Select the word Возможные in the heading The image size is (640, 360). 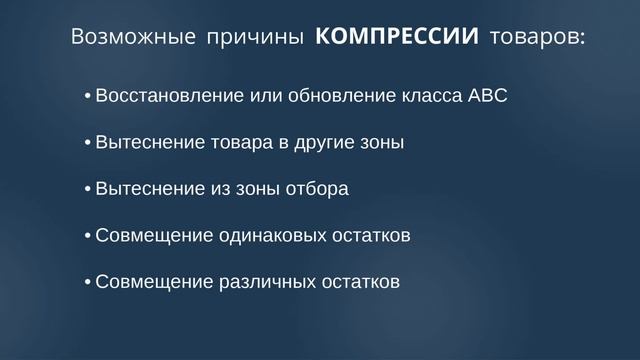[x=133, y=39]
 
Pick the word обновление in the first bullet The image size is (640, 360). [x=341, y=97]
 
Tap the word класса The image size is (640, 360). [x=427, y=97]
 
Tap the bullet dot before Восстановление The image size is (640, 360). [x=87, y=98]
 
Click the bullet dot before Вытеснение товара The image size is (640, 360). [x=87, y=144]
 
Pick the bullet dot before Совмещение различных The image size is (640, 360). [x=87, y=283]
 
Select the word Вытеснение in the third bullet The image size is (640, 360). [x=140, y=189]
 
